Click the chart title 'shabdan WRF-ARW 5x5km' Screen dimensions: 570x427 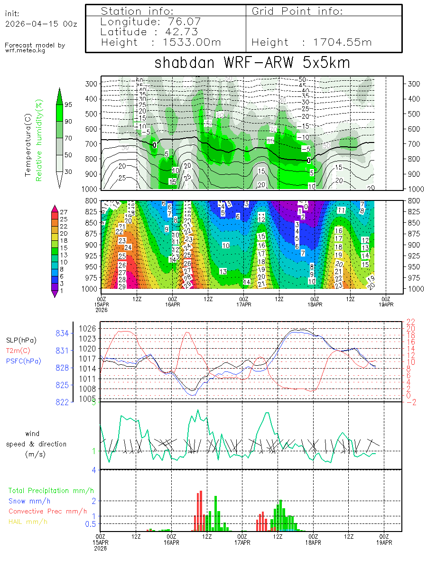pos(252,63)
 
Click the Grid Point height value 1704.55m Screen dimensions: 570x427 pos(342,42)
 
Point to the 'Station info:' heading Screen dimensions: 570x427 pos(138,11)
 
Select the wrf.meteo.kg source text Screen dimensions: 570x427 pos(25,50)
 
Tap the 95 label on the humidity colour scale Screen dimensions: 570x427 pos(68,104)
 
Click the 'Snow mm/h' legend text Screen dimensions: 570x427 pos(29,501)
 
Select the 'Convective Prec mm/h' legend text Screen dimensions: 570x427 pos(47,511)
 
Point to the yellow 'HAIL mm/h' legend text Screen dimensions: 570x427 pos(28,522)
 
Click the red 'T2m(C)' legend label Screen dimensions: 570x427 pos(18,351)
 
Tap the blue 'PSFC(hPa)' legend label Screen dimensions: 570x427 pos(24,361)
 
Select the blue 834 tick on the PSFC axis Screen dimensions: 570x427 pos(64,333)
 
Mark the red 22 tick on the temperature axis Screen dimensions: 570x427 pos(410,322)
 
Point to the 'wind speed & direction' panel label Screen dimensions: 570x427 pos(36,444)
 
